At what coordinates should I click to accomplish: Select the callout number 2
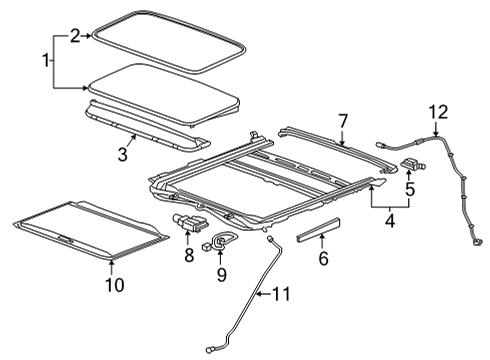pos(75,36)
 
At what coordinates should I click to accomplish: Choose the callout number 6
pos(321,258)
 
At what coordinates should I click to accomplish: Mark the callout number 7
pos(343,121)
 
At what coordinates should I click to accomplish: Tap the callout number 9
pos(221,272)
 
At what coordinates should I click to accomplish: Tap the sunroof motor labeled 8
pos(190,225)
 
